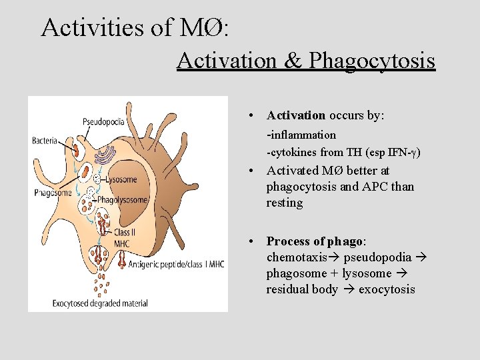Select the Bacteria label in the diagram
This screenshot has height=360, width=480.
coord(45,141)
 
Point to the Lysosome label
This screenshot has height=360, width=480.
coord(121,179)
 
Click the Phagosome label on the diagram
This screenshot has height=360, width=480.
coord(53,193)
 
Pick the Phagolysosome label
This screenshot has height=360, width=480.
coord(122,199)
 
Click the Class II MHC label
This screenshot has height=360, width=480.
coord(122,238)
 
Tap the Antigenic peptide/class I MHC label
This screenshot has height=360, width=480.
coord(176,264)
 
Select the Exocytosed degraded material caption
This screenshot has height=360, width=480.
coord(101,303)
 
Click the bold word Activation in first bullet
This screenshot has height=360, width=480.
coord(296,115)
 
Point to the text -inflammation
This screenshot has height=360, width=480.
coord(301,135)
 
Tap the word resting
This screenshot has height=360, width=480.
coord(285,203)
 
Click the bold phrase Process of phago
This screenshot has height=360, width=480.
coord(315,241)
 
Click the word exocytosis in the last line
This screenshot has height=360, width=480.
coord(387,289)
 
